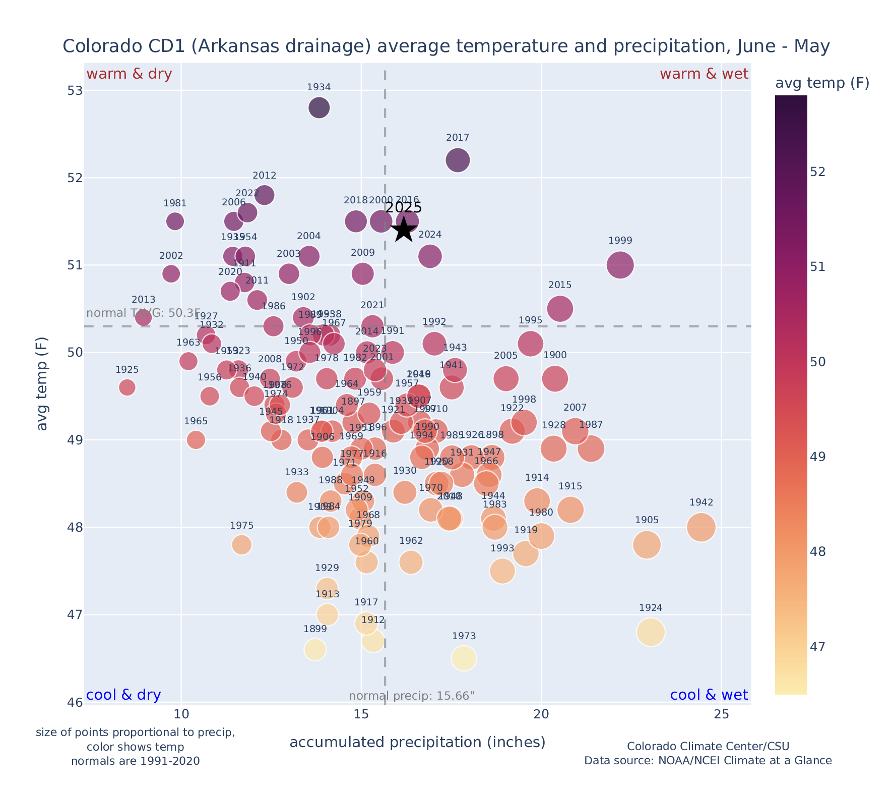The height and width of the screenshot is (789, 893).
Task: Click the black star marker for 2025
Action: click(x=403, y=230)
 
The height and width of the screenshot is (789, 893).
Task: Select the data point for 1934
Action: click(x=319, y=107)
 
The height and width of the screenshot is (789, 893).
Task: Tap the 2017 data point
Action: click(x=458, y=160)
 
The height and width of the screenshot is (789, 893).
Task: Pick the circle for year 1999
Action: click(x=620, y=265)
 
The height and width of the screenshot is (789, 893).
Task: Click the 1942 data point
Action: click(x=700, y=527)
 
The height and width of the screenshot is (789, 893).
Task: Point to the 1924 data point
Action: click(x=651, y=632)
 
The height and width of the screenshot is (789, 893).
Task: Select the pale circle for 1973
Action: click(x=464, y=658)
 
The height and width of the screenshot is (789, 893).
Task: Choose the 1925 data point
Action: click(x=127, y=387)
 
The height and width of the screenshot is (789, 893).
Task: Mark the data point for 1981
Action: click(x=175, y=221)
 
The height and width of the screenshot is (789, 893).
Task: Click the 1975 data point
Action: click(x=242, y=545)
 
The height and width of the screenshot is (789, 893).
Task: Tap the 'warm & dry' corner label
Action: click(x=129, y=74)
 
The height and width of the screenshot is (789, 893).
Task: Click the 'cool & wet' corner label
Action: click(x=709, y=695)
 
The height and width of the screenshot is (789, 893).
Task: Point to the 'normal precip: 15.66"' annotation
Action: click(x=411, y=696)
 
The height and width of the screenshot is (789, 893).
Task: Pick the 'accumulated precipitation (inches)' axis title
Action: click(x=417, y=742)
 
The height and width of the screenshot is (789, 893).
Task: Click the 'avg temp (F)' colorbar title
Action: click(x=822, y=83)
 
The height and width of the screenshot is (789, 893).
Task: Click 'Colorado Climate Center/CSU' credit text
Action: click(x=708, y=746)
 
